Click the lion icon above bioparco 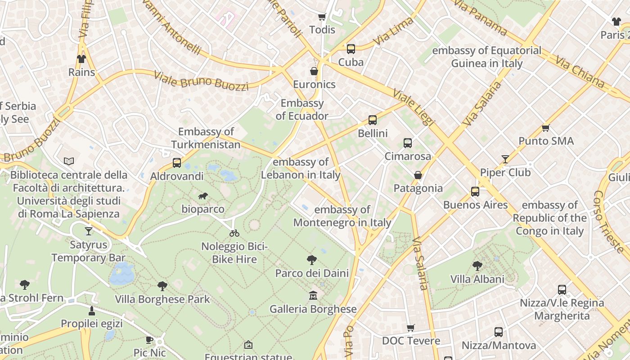(203, 196)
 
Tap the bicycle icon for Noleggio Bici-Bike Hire (234, 233)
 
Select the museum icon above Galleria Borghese (313, 296)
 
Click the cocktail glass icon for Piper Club (505, 159)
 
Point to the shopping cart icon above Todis (322, 17)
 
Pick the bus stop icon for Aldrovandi (177, 163)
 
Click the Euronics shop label (314, 84)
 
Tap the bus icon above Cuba (351, 49)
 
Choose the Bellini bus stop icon (373, 120)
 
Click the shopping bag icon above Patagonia (418, 175)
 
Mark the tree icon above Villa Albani (477, 266)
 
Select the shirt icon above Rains (81, 59)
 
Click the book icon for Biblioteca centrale (69, 161)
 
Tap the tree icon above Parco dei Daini (311, 260)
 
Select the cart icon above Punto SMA (546, 128)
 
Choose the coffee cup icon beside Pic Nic (149, 340)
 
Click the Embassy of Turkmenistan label (206, 138)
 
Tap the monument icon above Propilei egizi (92, 310)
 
